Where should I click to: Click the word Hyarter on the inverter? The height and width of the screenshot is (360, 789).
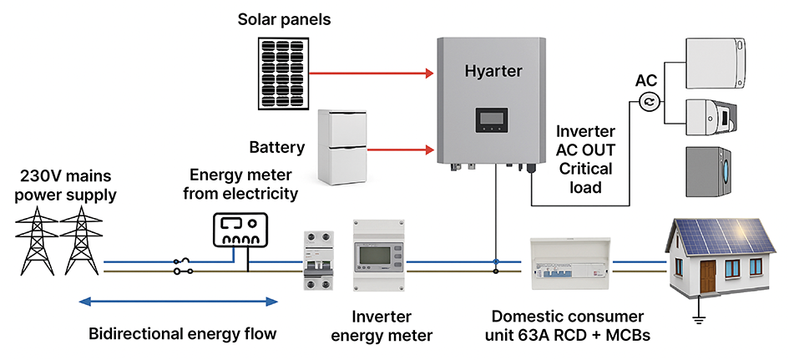pos(493,72)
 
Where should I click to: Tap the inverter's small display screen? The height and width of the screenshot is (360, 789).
pos(490,119)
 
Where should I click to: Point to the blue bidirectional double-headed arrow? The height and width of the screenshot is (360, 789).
pos(177,302)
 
